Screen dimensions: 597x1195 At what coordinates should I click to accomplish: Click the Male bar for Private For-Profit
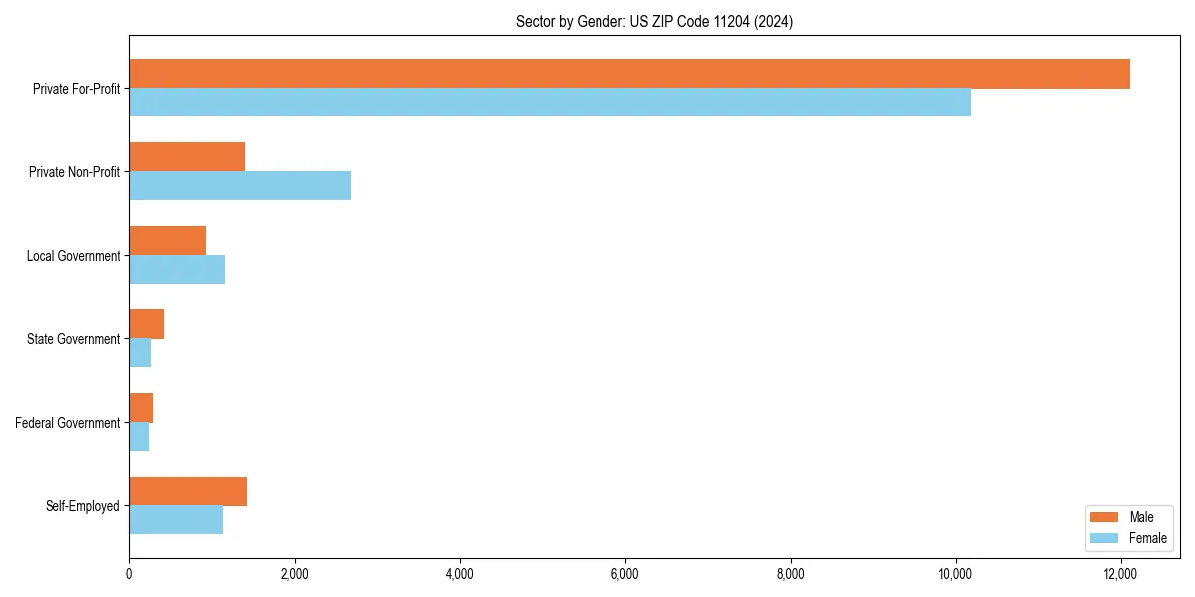point(629,74)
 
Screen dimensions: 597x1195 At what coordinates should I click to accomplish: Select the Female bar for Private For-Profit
point(550,102)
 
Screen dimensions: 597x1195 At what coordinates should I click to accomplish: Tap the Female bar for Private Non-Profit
point(240,186)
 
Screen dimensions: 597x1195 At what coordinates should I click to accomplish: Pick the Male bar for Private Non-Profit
point(187,157)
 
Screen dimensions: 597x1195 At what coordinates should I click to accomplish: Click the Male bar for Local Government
point(167,241)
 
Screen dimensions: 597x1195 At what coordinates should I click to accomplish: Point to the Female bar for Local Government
point(177,270)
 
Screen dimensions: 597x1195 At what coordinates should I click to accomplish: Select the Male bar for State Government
point(146,324)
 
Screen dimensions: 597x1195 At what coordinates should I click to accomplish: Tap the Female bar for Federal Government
point(139,437)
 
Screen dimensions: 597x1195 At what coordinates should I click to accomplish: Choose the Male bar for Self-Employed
point(188,492)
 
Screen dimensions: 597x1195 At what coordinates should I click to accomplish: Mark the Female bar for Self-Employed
point(176,520)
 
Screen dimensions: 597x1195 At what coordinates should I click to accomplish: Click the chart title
point(654,21)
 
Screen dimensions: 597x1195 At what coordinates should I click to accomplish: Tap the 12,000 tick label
point(1121,573)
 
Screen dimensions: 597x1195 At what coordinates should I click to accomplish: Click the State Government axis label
point(73,339)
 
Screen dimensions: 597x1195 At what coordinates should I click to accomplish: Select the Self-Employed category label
point(83,506)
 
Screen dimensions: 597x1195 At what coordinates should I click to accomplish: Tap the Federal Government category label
point(68,423)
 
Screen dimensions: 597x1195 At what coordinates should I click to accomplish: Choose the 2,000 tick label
point(295,573)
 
